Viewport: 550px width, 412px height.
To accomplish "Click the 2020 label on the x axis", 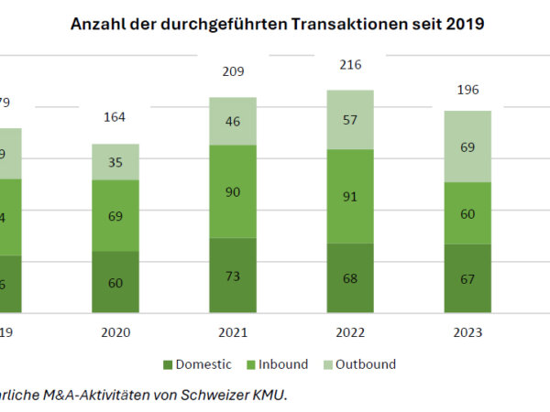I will point(115,332).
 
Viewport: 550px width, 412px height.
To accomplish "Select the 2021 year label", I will point(233,332).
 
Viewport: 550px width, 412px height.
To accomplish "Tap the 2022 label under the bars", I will point(349,332).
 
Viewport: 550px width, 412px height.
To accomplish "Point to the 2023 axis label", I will point(467,332).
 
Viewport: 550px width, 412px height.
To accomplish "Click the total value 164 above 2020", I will point(115,117).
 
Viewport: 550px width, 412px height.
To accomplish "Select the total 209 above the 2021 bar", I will point(233,70).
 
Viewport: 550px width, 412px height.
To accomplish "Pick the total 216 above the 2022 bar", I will point(349,64).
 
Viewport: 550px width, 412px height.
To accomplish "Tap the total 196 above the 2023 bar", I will point(467,90).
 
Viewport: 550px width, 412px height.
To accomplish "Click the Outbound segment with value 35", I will point(115,161).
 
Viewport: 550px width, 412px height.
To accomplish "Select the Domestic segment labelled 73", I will point(233,275).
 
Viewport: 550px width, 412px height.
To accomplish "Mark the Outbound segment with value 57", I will point(349,120).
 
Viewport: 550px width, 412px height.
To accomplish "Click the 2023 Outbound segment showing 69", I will point(467,146).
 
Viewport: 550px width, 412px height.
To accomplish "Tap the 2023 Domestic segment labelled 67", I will point(467,278).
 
